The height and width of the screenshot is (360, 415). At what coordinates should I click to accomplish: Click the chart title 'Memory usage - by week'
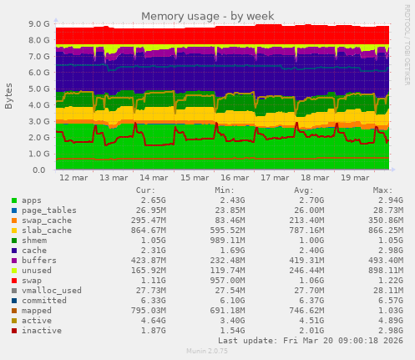pos(207,16)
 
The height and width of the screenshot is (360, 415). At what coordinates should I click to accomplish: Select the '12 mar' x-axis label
pos(73,178)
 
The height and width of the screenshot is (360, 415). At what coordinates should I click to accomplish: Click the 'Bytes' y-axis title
pos(9,96)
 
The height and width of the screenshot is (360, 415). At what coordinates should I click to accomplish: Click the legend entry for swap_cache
pos(47,220)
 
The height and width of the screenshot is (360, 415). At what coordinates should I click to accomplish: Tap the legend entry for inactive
pos(41,330)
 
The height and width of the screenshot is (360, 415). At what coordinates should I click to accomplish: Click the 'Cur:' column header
pos(145,190)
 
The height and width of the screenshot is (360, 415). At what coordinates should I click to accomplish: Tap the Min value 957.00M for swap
pos(221,280)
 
